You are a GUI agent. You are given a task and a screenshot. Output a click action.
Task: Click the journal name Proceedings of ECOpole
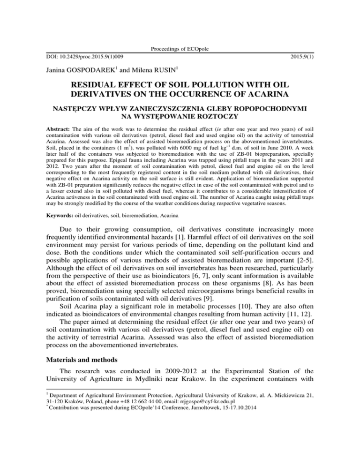click(180, 48)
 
